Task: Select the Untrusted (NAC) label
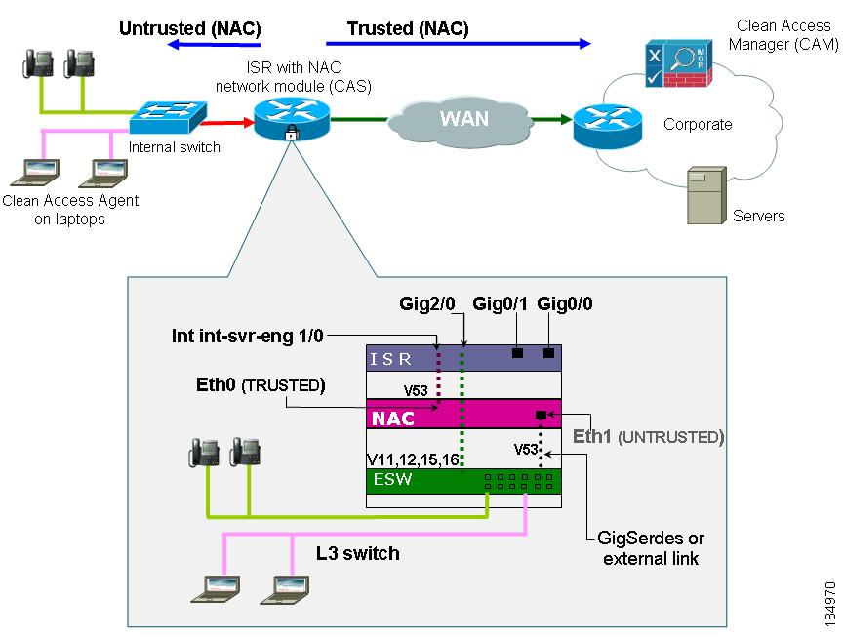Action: (x=189, y=29)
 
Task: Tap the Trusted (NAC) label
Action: (x=408, y=29)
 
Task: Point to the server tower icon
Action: (x=704, y=195)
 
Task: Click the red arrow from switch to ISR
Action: (x=227, y=124)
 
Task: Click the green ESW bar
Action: (x=463, y=480)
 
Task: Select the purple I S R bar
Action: (x=463, y=358)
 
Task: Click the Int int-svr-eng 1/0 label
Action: (x=247, y=337)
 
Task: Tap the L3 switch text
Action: (x=357, y=553)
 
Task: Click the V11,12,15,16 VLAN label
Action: (x=410, y=459)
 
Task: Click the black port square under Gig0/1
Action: (x=519, y=352)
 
